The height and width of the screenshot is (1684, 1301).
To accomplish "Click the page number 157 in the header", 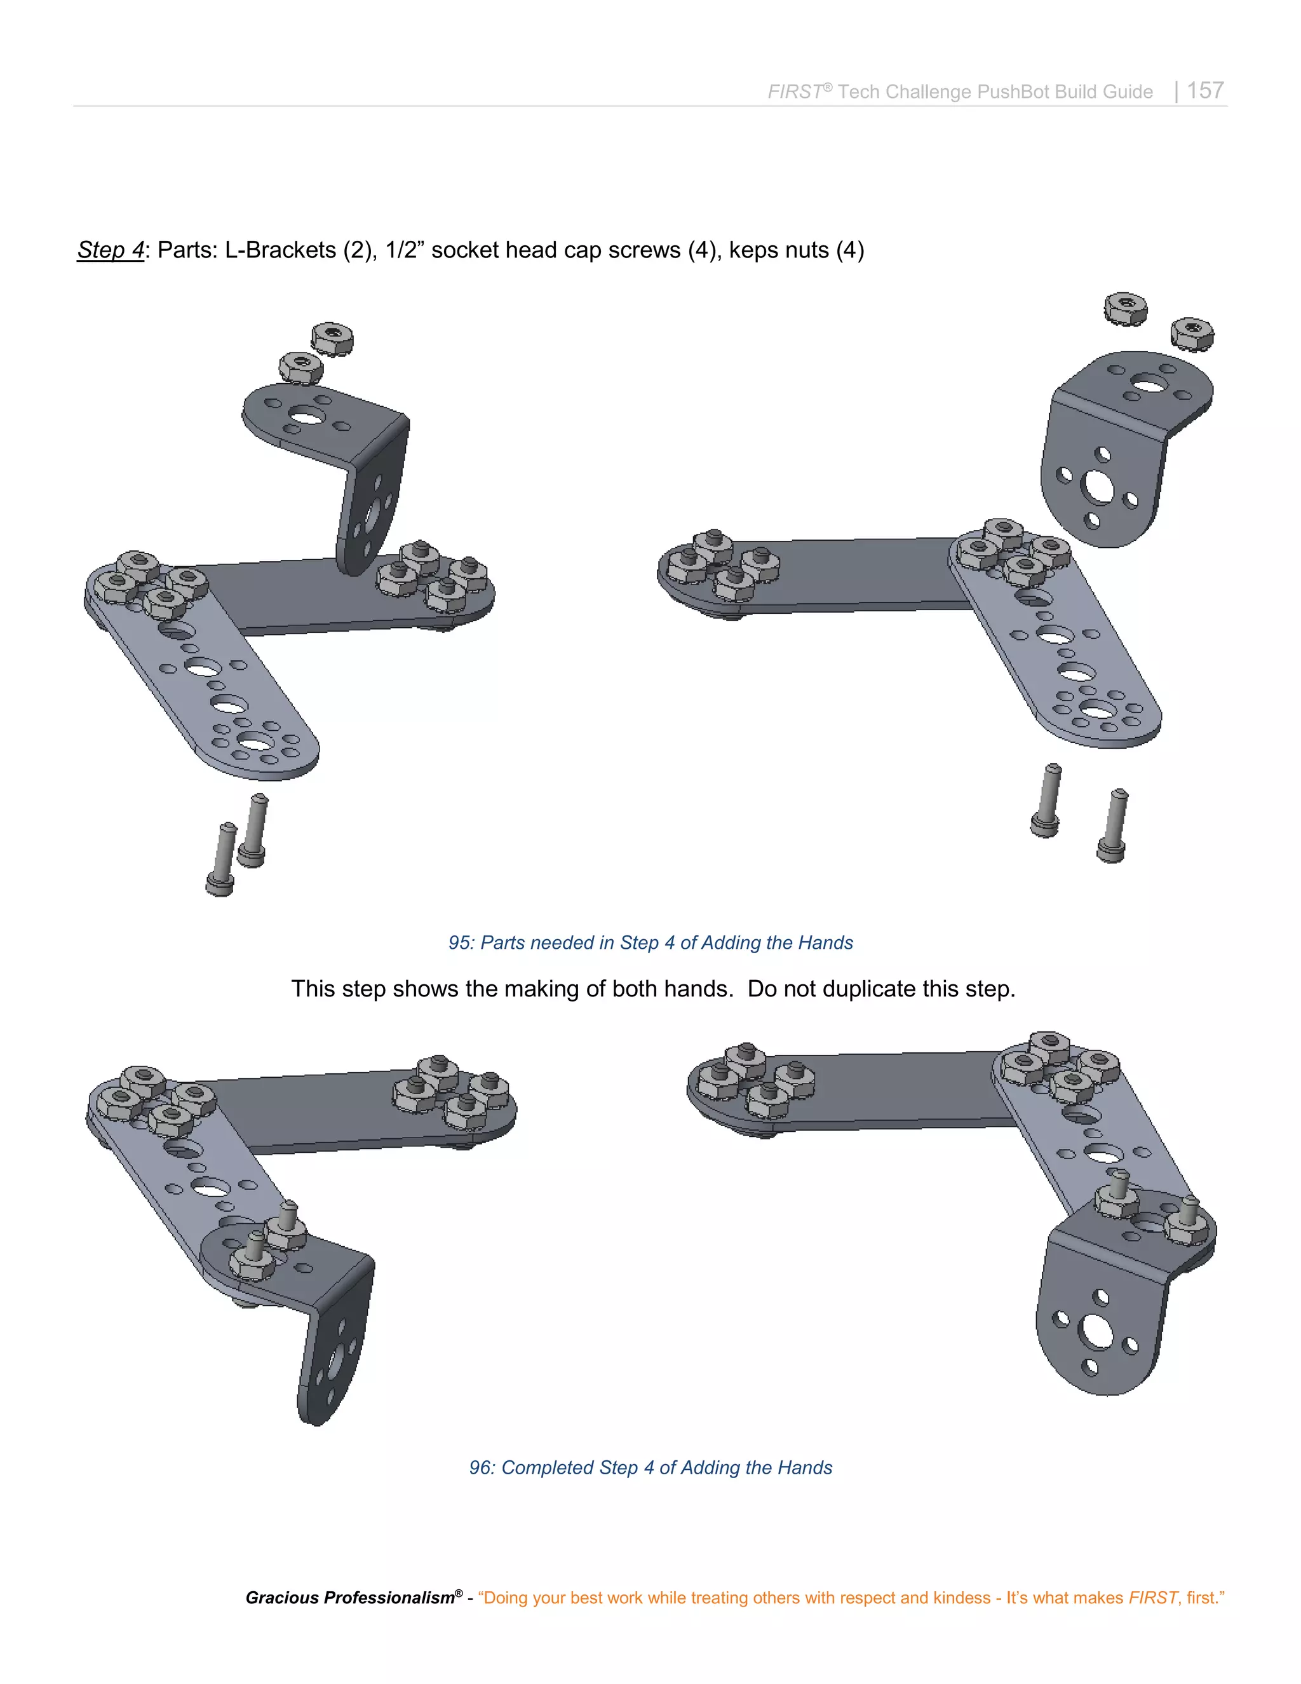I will click(x=1204, y=90).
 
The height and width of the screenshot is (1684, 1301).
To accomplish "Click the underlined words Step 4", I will click(x=110, y=250).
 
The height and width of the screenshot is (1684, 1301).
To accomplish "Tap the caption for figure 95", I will click(x=650, y=942).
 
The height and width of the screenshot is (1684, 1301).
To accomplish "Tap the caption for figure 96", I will click(x=650, y=1467).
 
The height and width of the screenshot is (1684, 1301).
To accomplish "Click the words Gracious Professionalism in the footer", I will click(x=350, y=1598).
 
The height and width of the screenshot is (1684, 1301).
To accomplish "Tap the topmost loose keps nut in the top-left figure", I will click(x=332, y=337).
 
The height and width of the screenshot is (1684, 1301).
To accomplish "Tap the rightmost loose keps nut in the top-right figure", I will click(x=1192, y=333).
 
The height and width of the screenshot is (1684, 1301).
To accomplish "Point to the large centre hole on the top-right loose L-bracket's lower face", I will click(x=1098, y=487).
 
